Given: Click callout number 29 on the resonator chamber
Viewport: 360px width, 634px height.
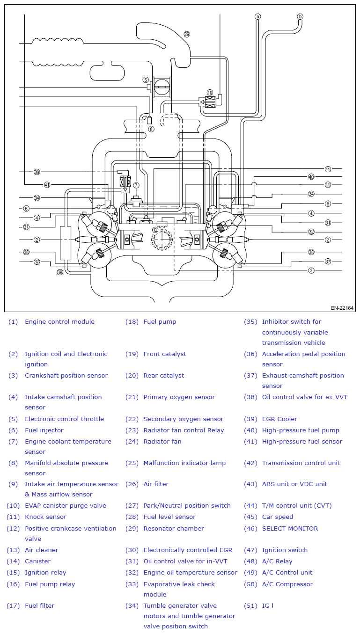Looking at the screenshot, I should click(x=187, y=34).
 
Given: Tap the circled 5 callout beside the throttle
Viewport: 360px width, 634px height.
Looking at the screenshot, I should click(x=146, y=80).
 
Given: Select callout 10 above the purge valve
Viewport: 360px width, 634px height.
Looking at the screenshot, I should click(x=210, y=93).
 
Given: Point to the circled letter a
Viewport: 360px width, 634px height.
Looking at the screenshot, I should click(x=257, y=16).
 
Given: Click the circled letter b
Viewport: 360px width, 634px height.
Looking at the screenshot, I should click(x=300, y=16).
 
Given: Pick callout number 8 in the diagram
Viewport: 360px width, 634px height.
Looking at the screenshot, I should click(x=150, y=129).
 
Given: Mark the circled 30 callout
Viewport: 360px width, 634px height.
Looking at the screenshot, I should click(x=37, y=172).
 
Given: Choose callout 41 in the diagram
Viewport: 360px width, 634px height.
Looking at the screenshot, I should click(x=47, y=184).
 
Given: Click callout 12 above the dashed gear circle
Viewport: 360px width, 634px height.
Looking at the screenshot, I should click(x=155, y=230).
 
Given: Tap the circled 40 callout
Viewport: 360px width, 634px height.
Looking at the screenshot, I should click(x=311, y=177).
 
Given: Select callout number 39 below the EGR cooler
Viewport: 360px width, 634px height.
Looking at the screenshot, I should click(x=60, y=272).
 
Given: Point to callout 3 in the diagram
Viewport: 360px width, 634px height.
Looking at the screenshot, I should click(x=311, y=270).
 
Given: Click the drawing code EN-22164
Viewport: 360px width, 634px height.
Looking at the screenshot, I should click(x=342, y=308).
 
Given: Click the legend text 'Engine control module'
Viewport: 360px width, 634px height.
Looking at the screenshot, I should click(x=59, y=321).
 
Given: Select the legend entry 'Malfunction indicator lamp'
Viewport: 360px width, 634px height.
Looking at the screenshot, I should click(x=184, y=463).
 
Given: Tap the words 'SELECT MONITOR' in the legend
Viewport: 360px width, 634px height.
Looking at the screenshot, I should click(x=290, y=528).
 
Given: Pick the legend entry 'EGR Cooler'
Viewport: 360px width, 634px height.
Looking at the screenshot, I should click(x=279, y=419).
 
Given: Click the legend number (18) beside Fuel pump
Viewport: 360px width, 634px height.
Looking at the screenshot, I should click(x=132, y=321).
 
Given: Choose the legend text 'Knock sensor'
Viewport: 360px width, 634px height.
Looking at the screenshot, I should click(x=45, y=517).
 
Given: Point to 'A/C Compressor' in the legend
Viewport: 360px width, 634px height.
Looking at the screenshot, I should click(x=287, y=584).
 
